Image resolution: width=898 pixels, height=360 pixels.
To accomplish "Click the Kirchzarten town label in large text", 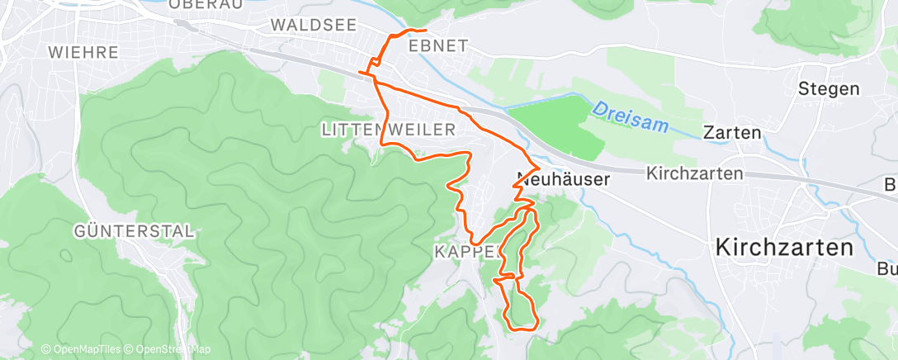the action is tap(783, 247).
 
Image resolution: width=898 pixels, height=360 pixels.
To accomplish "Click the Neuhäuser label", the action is tap(563, 178).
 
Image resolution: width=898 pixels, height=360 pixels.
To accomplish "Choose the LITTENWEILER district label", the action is tap(388, 130).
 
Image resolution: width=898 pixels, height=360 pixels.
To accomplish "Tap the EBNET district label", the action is tap(438, 46).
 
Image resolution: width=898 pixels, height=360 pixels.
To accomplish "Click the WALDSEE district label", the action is tap(314, 26).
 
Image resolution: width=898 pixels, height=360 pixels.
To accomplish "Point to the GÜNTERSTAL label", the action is tap(133, 230).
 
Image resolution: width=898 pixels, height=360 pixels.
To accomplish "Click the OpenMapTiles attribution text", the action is tap(83, 349).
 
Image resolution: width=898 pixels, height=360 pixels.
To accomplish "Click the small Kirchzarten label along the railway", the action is tap(695, 174).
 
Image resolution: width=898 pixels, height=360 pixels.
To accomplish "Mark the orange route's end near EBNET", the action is tap(425, 31).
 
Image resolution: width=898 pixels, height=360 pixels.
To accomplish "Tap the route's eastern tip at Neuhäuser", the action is tap(540, 170).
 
